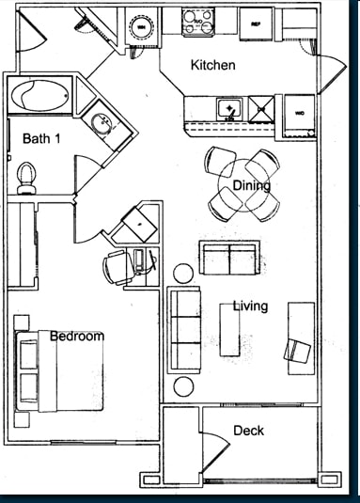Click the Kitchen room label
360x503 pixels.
pyautogui.click(x=212, y=66)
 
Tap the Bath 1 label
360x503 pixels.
pyautogui.click(x=42, y=139)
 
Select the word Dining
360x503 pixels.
pyautogui.click(x=251, y=186)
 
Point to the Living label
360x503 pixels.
pyautogui.click(x=250, y=307)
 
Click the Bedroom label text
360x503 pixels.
pyautogui.click(x=77, y=336)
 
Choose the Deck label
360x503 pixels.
pyautogui.click(x=248, y=432)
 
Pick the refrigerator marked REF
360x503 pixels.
pyautogui.click(x=254, y=23)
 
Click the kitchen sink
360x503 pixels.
pyautogui.click(x=227, y=108)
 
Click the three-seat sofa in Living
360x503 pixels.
pyautogui.click(x=185, y=329)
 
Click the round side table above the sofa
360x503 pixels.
pyautogui.click(x=183, y=273)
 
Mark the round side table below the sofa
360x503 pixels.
pyautogui.click(x=183, y=386)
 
